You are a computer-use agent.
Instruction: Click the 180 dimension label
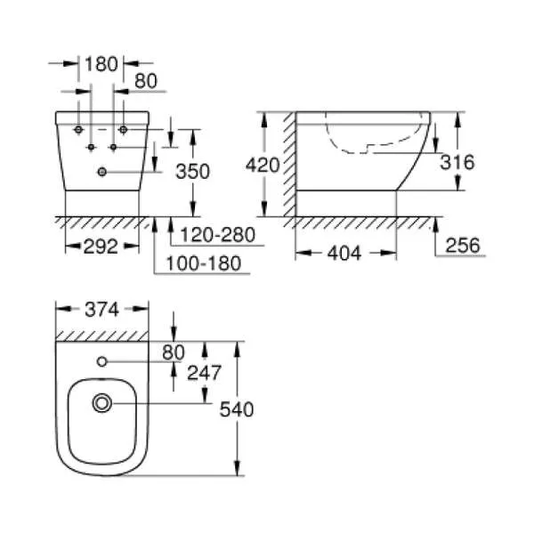[x=101, y=64]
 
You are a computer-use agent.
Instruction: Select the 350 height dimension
[x=193, y=171]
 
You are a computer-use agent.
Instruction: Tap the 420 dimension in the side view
[x=263, y=166]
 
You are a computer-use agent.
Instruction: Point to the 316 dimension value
[x=457, y=162]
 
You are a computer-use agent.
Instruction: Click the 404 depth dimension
[x=344, y=253]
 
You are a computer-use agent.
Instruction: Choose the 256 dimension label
[x=463, y=246]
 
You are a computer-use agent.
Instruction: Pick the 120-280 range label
[x=218, y=235]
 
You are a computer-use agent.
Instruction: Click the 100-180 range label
[x=204, y=263]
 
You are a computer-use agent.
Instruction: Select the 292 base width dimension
[x=101, y=247]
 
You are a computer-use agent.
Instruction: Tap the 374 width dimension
[x=101, y=310]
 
